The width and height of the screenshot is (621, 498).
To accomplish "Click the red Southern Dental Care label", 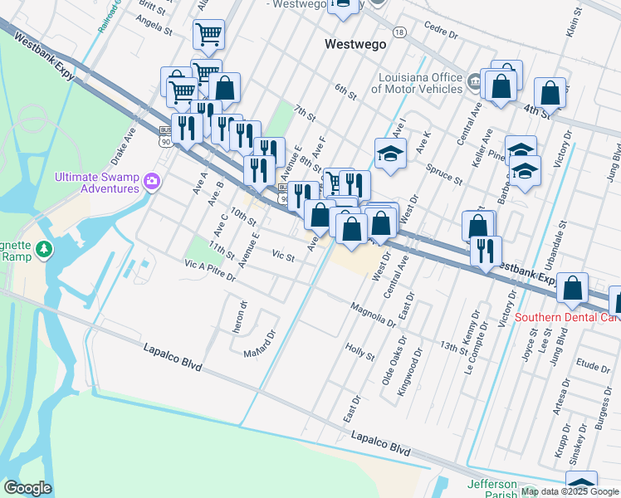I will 567,317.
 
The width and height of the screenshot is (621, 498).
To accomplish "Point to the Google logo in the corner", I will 27,488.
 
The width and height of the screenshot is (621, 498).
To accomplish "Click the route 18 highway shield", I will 400,32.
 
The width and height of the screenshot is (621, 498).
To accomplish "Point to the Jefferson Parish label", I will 492,486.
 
